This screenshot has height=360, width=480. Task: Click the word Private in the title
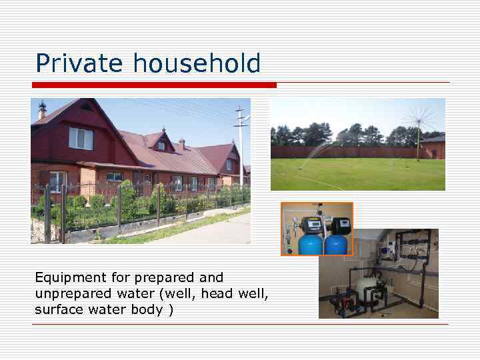(x=80, y=64)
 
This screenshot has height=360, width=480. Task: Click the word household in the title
(x=197, y=64)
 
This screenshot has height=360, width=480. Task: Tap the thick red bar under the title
(x=154, y=85)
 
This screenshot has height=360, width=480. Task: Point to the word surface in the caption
(x=57, y=310)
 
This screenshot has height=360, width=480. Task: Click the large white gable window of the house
(x=81, y=138)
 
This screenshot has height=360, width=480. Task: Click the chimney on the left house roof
(x=42, y=109)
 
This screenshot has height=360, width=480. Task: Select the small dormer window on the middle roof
(x=161, y=145)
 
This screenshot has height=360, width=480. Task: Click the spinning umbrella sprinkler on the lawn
(x=419, y=120)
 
